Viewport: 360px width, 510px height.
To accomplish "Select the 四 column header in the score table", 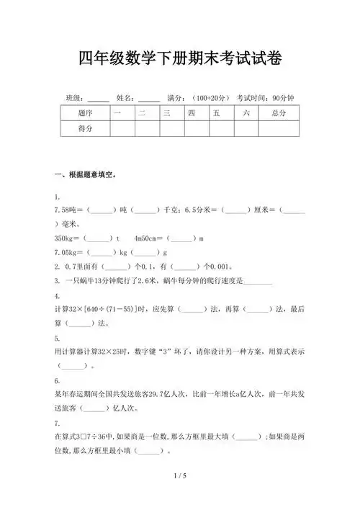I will coord(192,113).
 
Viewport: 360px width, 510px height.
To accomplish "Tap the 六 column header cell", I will coord(246,113).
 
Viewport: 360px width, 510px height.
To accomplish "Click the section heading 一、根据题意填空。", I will coord(85,175).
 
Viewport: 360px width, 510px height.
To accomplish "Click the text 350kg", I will coord(66,238).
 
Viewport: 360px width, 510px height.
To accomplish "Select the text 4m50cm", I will coord(148,238).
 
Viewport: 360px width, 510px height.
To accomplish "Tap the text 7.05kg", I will coord(67,252).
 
